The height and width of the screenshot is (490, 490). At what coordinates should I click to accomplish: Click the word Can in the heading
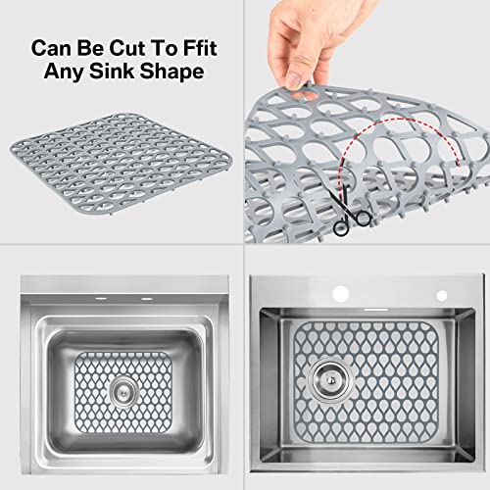pyautogui.click(x=51, y=46)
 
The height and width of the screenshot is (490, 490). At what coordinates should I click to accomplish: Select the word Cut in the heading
pyautogui.click(x=127, y=46)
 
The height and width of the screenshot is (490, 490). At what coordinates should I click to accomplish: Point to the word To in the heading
pyautogui.click(x=162, y=46)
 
